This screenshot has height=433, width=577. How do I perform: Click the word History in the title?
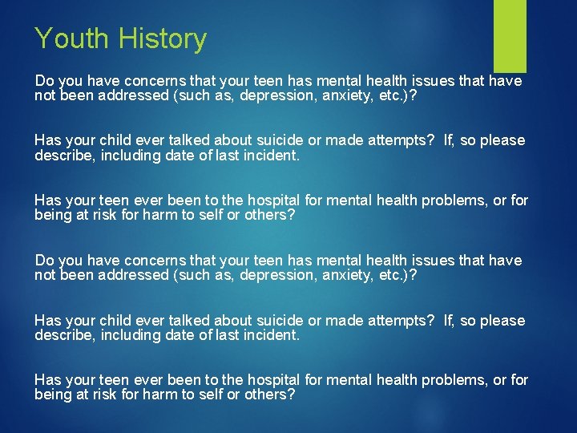(163, 38)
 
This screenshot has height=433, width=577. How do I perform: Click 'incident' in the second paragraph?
(272, 155)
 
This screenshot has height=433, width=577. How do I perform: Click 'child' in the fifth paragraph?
(119, 321)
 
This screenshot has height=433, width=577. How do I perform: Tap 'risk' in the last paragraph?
(109, 395)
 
